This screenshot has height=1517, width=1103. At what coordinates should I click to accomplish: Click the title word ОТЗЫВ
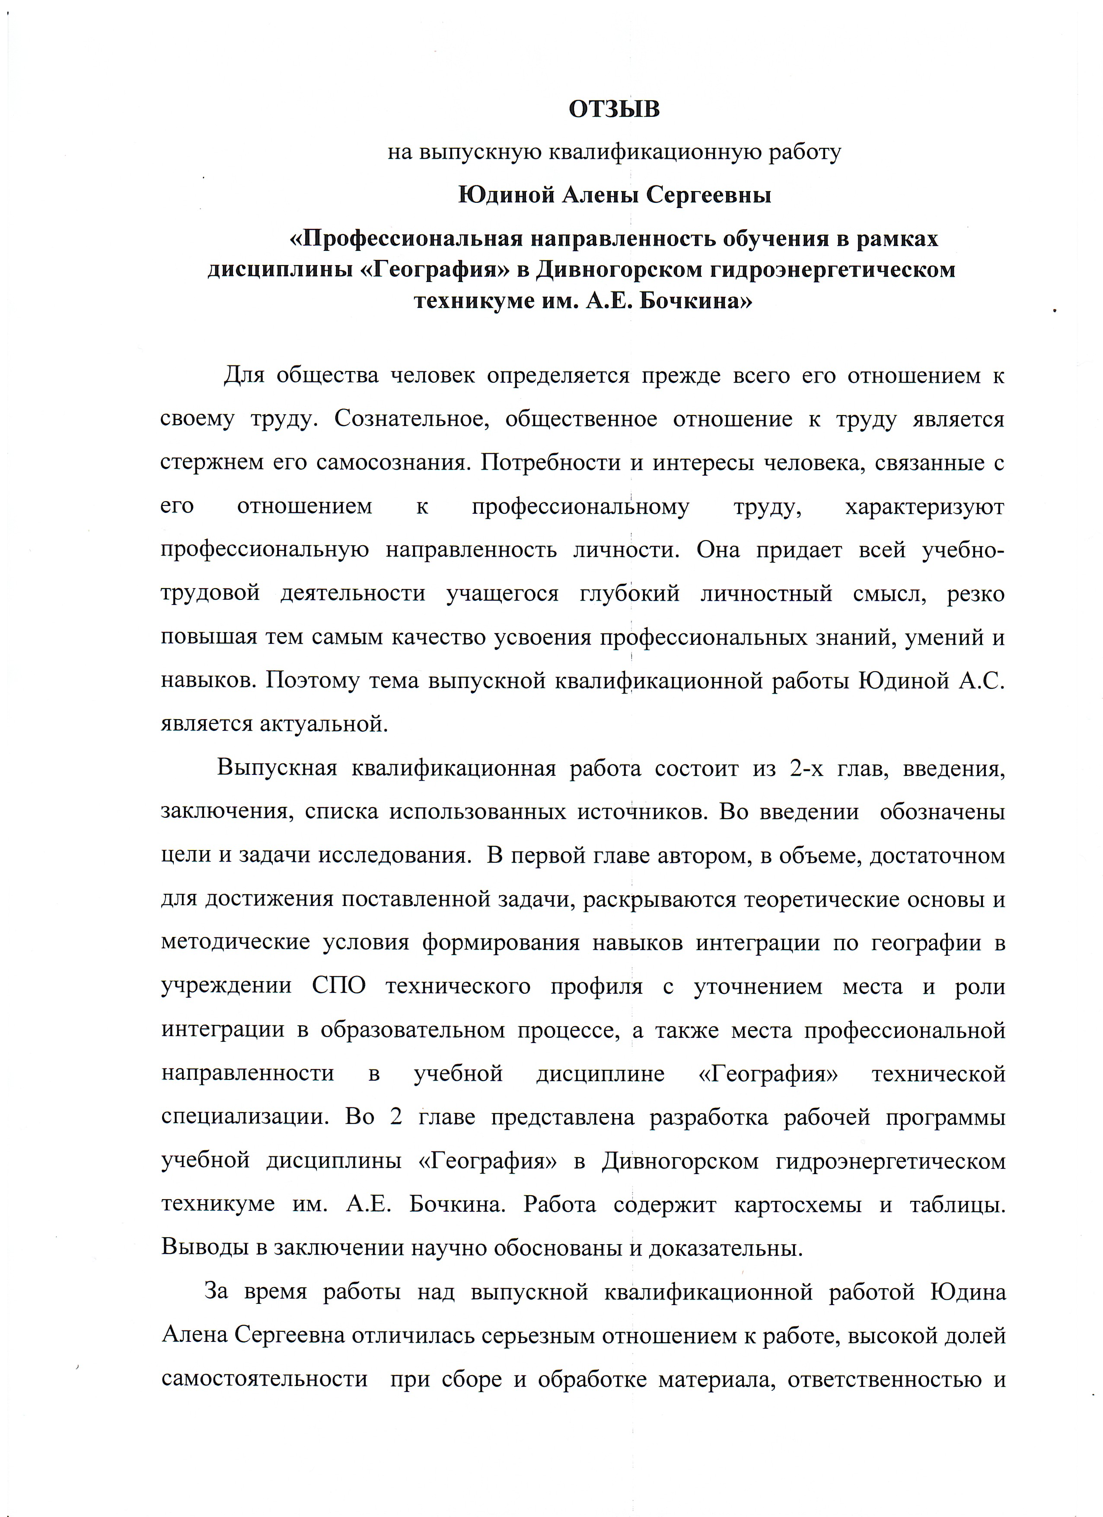(614, 109)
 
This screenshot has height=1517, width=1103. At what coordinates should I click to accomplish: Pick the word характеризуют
(924, 506)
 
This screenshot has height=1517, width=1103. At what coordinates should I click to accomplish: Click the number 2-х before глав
(806, 768)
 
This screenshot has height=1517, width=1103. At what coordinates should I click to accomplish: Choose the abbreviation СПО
(339, 986)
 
